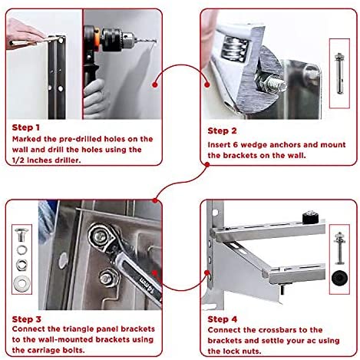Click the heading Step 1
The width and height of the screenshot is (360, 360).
[x=26, y=127]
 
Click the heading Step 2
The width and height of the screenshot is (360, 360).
[x=222, y=130]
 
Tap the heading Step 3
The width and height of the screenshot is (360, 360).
[x=27, y=319]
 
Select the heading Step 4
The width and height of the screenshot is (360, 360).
[x=223, y=319]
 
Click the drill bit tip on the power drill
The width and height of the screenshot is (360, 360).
[x=156, y=41]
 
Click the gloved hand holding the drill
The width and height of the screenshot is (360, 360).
[x=94, y=98]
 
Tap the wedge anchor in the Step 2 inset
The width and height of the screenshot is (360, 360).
[x=339, y=73]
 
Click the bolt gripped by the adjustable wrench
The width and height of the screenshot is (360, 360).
[x=274, y=85]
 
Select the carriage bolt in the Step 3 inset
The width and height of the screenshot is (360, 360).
[x=21, y=235]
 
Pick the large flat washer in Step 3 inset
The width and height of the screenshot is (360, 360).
[x=21, y=284]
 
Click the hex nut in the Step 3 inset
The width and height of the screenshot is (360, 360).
[x=21, y=265]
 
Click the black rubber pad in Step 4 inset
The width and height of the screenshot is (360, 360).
[x=339, y=278]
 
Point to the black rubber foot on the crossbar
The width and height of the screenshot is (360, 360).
[x=310, y=217]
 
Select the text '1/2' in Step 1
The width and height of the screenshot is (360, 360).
[x=18, y=160]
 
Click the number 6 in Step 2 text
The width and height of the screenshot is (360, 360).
[x=236, y=144]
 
